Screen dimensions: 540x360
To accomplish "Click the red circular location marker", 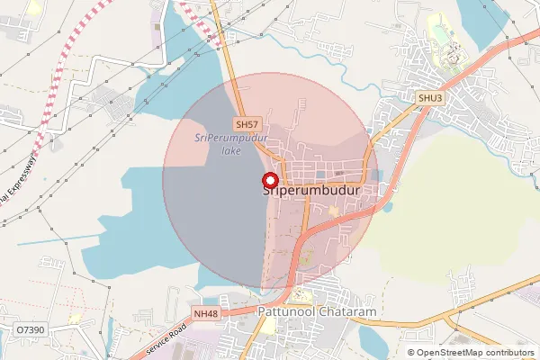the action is [269, 179].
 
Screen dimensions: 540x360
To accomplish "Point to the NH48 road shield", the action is [206, 313].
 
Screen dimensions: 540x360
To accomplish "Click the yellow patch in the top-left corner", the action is [33, 8].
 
